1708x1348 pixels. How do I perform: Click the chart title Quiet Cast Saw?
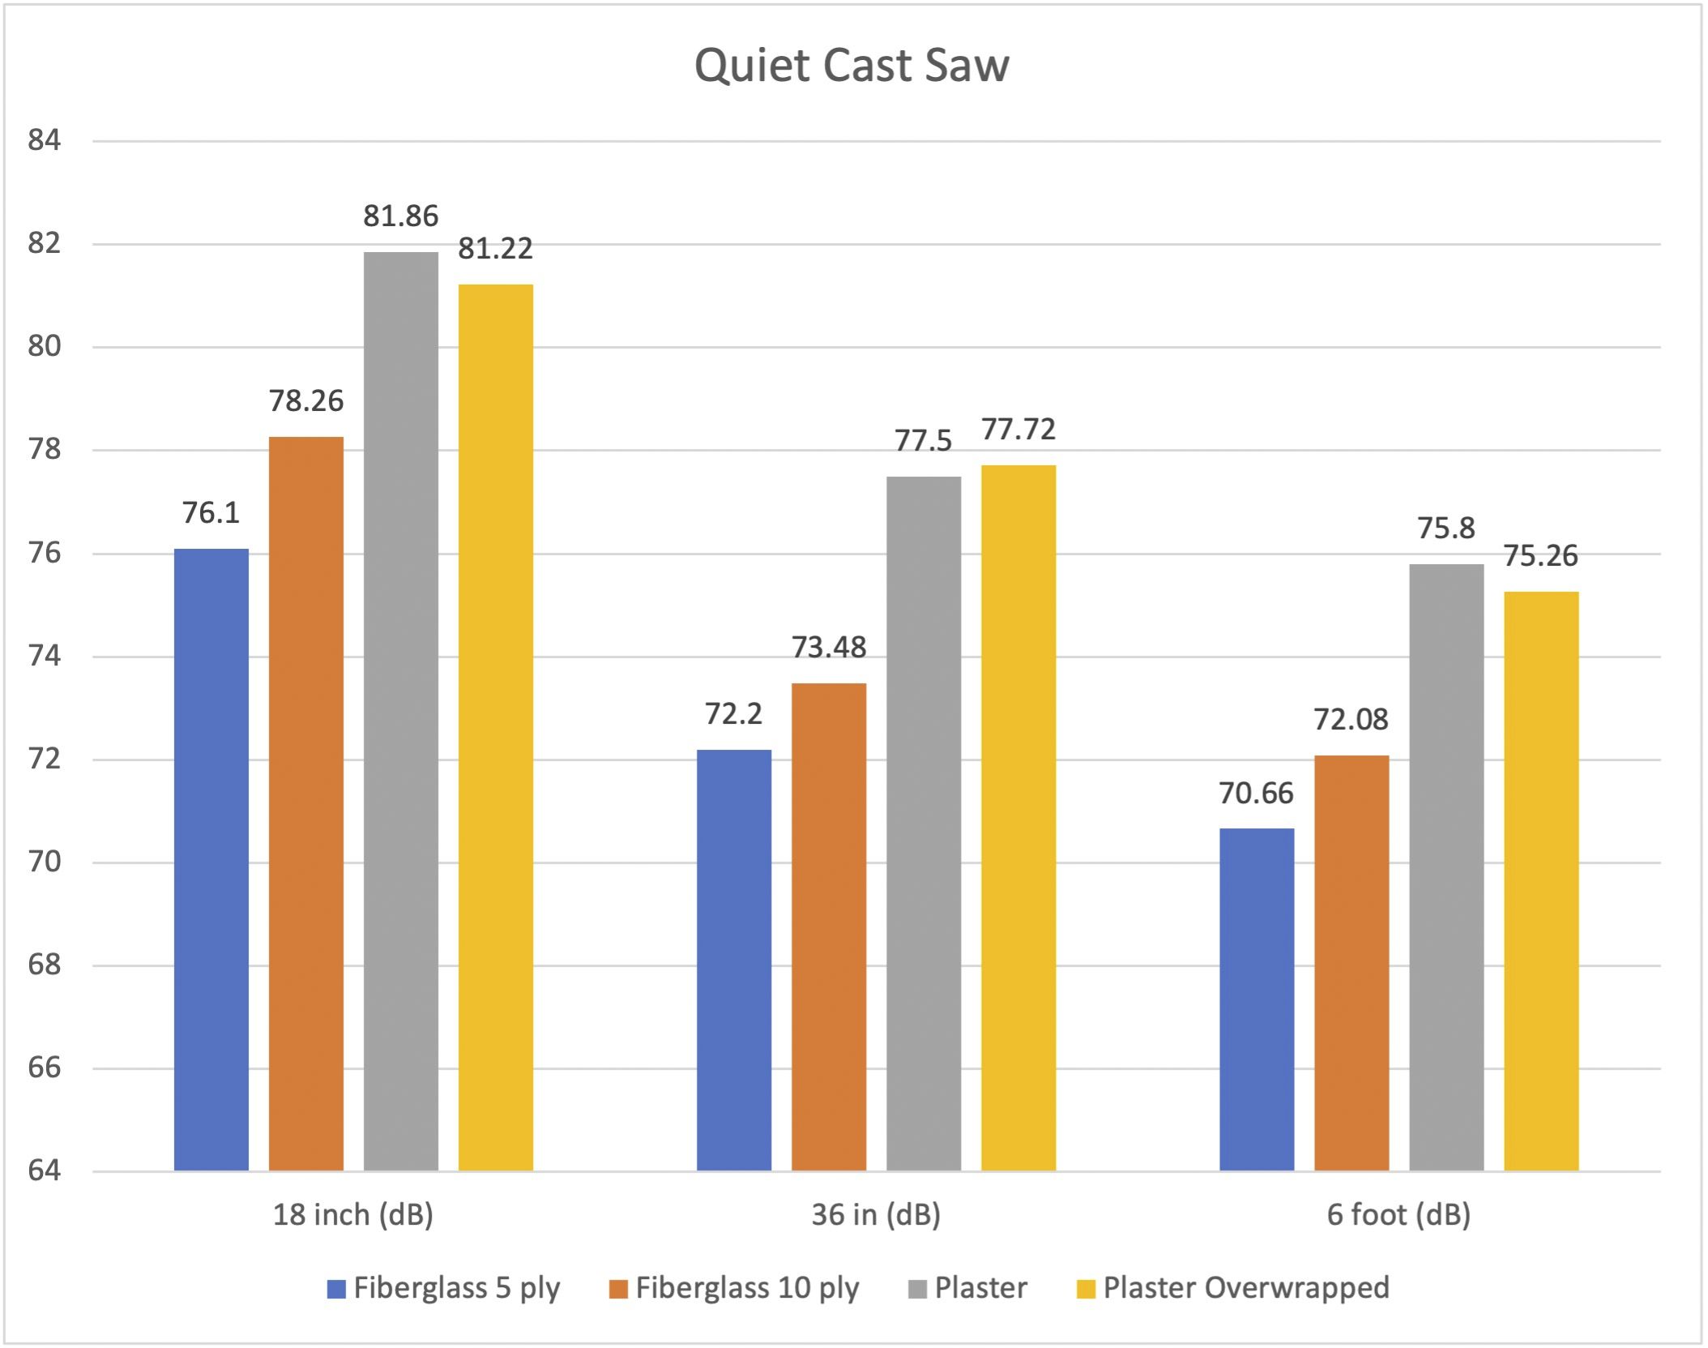tap(852, 65)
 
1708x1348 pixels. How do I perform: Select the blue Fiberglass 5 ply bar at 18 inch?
tap(211, 859)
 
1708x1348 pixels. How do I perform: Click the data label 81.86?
tap(401, 216)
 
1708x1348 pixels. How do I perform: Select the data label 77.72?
tap(1018, 430)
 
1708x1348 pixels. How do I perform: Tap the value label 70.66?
tap(1256, 794)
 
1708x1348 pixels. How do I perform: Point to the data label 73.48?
tap(829, 648)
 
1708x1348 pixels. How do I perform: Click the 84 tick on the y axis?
tap(45, 141)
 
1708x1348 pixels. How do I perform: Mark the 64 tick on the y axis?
tap(45, 1170)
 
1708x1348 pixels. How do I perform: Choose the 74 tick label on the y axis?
tap(45, 656)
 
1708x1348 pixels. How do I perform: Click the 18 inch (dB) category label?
tap(353, 1215)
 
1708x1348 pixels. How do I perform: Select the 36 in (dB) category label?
tap(876, 1215)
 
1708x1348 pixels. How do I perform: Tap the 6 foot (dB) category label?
tap(1398, 1215)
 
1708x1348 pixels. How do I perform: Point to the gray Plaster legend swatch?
tap(917, 1289)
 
